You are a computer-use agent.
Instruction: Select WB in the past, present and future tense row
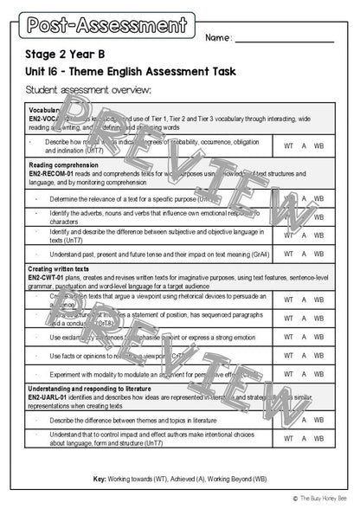tap(318, 254)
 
